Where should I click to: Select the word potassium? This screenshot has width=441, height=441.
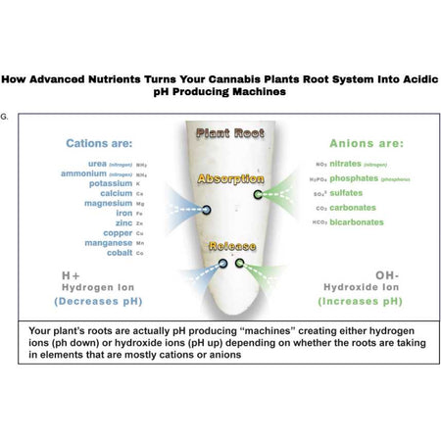tap(110, 182)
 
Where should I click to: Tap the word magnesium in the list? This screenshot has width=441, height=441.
tap(107, 203)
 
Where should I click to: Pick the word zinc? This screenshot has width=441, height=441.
tap(124, 222)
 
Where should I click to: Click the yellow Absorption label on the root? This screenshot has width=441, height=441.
tap(230, 180)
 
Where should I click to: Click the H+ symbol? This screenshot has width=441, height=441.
tap(72, 275)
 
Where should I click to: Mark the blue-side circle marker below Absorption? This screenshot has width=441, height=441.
tap(207, 209)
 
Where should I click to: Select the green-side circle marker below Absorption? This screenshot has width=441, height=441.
tap(258, 194)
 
